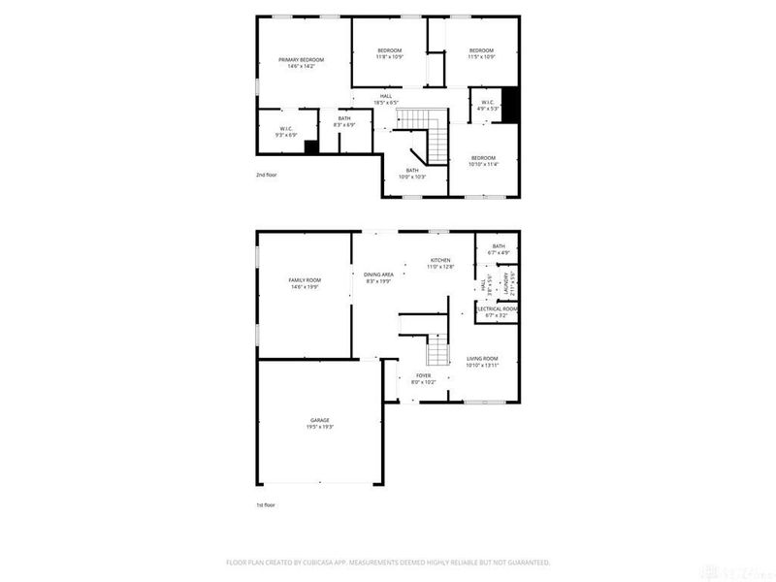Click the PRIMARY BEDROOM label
(x=302, y=60)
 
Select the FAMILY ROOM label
(x=305, y=279)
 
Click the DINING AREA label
(x=378, y=275)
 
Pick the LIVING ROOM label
(x=482, y=358)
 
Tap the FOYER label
(x=424, y=375)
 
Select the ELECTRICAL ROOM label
(x=497, y=308)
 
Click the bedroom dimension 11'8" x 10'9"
(x=390, y=57)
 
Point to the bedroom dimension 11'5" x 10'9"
(x=482, y=57)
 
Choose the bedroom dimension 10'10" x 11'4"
(x=483, y=164)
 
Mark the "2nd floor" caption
(x=267, y=175)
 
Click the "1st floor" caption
(x=267, y=505)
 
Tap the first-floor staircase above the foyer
(x=440, y=347)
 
